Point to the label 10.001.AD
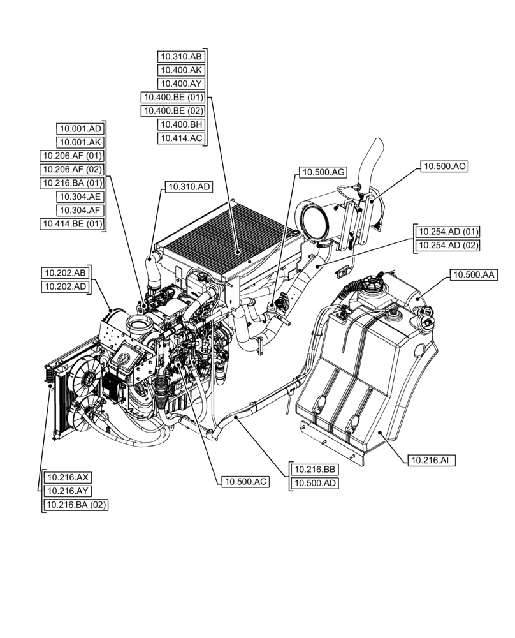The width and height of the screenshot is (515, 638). [x=80, y=128]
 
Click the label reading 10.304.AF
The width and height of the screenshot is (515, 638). [x=80, y=210]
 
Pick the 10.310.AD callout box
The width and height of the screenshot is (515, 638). [x=189, y=187]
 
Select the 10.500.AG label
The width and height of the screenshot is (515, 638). [x=323, y=172]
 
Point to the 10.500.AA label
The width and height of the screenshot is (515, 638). [x=474, y=275]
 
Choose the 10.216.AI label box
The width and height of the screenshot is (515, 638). [x=430, y=459]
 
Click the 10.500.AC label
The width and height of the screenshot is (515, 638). [x=245, y=482]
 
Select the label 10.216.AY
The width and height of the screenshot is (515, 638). [x=67, y=491]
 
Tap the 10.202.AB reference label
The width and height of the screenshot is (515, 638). [x=66, y=273]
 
